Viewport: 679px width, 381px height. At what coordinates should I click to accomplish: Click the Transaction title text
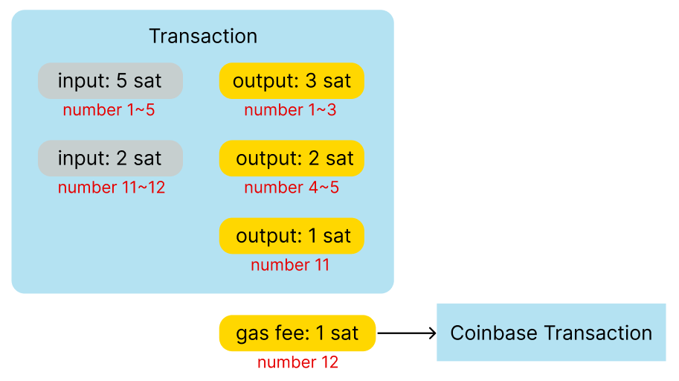pos(203,36)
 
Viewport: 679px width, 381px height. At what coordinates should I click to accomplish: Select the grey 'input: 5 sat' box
pos(110,81)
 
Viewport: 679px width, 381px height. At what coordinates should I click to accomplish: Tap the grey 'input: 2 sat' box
pos(110,159)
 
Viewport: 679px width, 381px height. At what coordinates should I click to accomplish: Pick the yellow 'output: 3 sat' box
pos(292,81)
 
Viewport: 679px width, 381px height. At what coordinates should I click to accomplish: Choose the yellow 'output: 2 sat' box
pos(292,159)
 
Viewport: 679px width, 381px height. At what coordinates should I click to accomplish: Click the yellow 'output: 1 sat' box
pos(292,236)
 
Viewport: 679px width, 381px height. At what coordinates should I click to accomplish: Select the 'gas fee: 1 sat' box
pos(297,333)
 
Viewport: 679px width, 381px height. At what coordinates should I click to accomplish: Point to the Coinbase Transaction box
pos(551,333)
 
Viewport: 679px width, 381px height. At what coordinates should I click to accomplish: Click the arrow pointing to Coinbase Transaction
pos(407,333)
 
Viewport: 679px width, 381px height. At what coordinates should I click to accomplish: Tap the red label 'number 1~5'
pos(109,110)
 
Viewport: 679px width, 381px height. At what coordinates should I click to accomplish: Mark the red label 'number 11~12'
pos(112,188)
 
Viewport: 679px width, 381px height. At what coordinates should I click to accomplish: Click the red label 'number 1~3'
pos(290,110)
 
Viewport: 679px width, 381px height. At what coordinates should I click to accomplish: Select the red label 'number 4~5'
pos(292,188)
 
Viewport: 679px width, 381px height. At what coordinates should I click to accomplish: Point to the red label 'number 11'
pos(290,265)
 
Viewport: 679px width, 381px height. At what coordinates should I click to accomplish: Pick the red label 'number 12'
pos(297,362)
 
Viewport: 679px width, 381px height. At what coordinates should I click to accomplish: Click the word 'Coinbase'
pos(494,333)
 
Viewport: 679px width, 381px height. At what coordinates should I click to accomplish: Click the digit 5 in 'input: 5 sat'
pos(122,80)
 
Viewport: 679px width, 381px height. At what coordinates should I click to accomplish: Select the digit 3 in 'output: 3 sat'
pos(311,80)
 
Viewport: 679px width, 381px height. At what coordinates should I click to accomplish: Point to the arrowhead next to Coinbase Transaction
pos(433,333)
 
